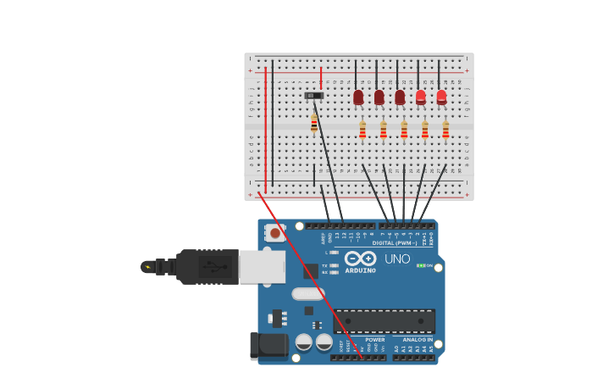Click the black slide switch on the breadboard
(314, 96)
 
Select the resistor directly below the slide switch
(314, 124)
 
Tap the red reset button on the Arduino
(274, 231)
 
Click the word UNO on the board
(397, 259)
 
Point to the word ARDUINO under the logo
(360, 270)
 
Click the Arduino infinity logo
(360, 258)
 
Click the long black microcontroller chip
(384, 320)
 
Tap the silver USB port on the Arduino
(262, 266)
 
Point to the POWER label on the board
(374, 339)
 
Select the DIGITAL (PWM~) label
(395, 242)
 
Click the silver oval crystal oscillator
(308, 294)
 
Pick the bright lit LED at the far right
(441, 97)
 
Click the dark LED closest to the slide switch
(358, 97)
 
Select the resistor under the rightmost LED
(445, 130)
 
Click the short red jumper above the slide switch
(321, 78)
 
